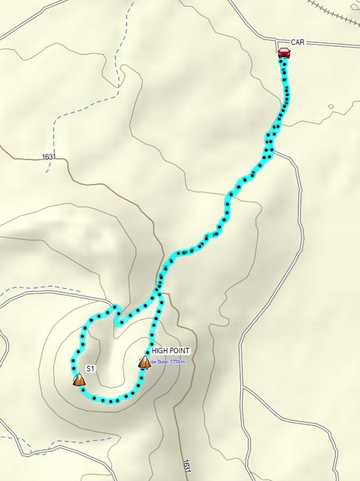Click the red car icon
(284, 52)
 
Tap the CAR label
(298, 42)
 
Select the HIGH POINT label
(171, 351)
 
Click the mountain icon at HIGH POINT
(145, 362)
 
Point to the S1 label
(90, 369)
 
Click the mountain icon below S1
(79, 380)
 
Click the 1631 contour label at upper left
(47, 157)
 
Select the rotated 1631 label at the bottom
(186, 465)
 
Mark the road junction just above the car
(277, 40)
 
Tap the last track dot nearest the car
(283, 61)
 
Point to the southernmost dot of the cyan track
(110, 400)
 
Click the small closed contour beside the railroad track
(331, 106)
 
